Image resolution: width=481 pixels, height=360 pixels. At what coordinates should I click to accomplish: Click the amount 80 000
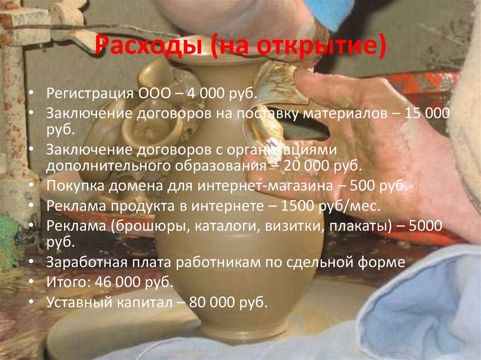(213, 303)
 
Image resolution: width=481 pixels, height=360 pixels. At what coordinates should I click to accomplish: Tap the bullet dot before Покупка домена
(31, 186)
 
